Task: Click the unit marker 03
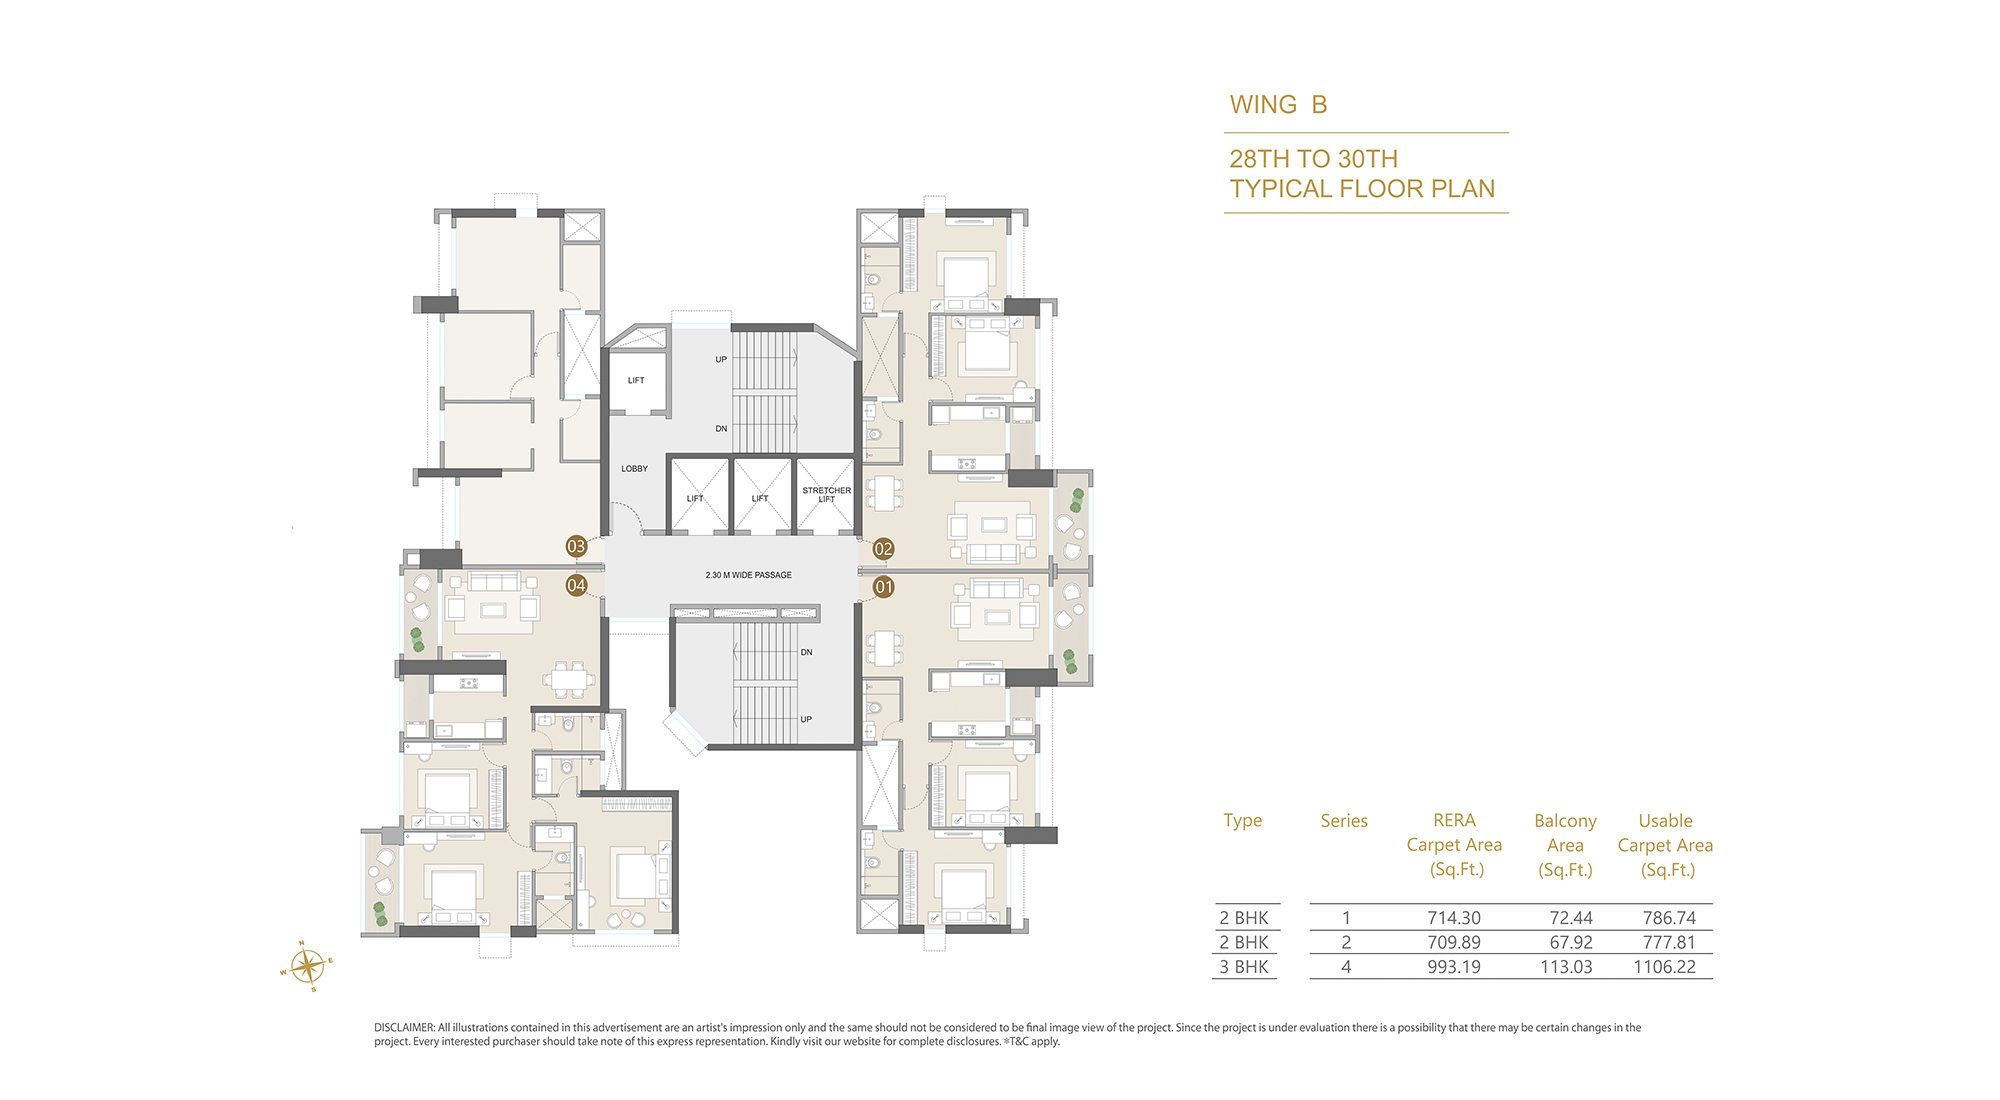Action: tap(576, 546)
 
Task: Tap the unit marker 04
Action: tap(576, 585)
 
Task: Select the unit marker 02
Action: tap(883, 548)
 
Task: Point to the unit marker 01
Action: tap(883, 587)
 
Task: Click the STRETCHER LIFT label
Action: tap(826, 495)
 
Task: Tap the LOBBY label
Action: tap(634, 468)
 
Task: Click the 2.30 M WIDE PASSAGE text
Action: tap(748, 575)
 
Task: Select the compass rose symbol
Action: tap(307, 967)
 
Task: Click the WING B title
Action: tap(1278, 105)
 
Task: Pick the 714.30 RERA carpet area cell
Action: tap(1454, 918)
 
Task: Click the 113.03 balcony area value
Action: tap(1566, 967)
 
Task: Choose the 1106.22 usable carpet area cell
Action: tap(1664, 967)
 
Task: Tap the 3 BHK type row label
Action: tap(1243, 967)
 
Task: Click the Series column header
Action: tap(1344, 821)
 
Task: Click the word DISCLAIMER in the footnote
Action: tap(404, 1027)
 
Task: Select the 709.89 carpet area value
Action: tap(1454, 942)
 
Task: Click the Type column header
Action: tap(1243, 821)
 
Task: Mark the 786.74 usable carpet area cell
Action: tap(1669, 918)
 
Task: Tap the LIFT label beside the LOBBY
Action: tap(636, 380)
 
